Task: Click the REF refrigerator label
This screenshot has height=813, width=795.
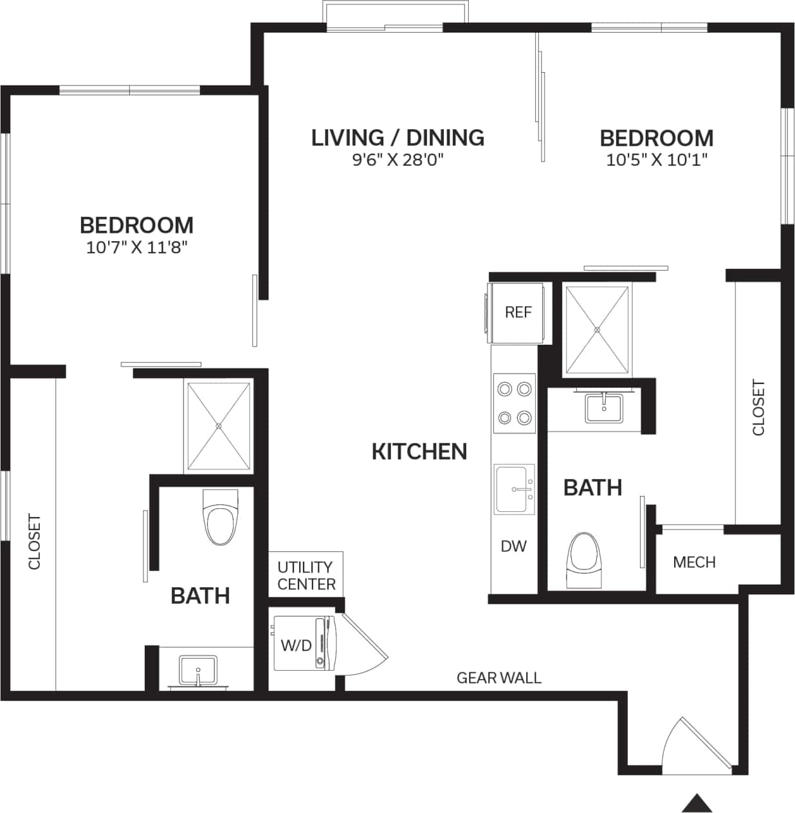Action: pos(518,312)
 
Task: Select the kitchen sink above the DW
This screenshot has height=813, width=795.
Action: pos(514,489)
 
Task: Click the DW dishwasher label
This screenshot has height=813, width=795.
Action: pos(513,546)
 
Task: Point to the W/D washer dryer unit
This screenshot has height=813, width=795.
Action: pos(302,644)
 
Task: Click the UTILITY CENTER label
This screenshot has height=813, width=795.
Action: pos(306,575)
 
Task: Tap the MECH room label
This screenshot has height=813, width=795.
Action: pos(694,562)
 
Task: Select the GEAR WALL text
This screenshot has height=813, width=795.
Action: pos(498,677)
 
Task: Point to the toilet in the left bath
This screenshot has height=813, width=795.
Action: pos(219,518)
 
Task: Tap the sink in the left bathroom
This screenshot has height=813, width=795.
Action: pos(198,670)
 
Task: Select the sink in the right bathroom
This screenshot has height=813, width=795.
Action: pos(603,408)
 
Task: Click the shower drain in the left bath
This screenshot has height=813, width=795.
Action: pos(219,426)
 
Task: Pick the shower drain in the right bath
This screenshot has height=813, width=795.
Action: pos(596,329)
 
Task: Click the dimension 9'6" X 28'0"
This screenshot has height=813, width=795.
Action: pos(398,160)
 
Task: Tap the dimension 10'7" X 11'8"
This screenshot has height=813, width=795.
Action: pos(136,247)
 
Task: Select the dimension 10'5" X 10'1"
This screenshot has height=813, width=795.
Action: pos(656,160)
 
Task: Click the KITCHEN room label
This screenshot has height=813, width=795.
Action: pos(419,452)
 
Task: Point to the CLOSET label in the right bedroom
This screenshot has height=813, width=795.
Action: pos(758,408)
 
